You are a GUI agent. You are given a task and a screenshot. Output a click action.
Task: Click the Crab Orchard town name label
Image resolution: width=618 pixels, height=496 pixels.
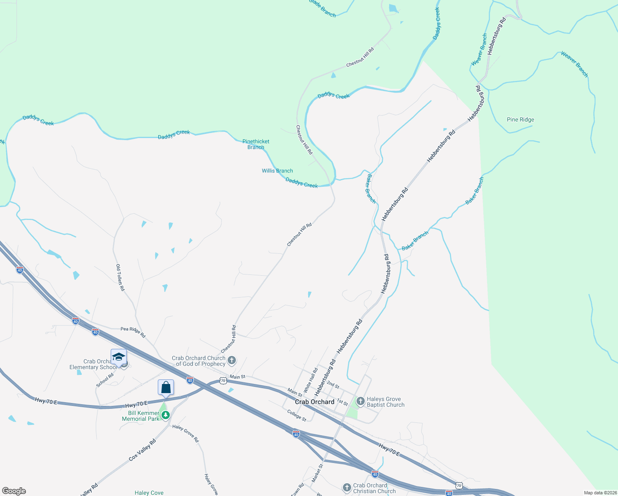[x=314, y=402]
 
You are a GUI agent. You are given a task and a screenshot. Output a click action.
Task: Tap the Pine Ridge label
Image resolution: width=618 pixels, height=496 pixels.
[x=520, y=120]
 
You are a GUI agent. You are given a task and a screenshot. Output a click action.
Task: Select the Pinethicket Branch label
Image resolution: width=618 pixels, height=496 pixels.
[x=256, y=144]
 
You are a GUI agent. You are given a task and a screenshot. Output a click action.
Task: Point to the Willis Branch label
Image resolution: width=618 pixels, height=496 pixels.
[x=277, y=171]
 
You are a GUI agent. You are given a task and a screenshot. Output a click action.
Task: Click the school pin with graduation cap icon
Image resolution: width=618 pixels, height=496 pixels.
[x=119, y=357]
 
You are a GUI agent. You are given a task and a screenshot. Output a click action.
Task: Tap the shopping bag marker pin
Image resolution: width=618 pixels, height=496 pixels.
[x=166, y=388]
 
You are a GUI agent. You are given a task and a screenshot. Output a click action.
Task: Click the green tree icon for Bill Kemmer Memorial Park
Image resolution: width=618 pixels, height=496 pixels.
[x=165, y=415]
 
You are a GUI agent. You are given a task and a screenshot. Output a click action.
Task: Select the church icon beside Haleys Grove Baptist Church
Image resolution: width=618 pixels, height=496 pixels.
[x=360, y=401]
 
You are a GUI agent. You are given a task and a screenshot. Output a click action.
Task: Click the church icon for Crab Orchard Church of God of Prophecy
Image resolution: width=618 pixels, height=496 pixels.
[x=232, y=360]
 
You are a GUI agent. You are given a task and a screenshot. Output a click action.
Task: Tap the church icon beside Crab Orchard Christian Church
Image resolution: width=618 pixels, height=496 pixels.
[x=347, y=488]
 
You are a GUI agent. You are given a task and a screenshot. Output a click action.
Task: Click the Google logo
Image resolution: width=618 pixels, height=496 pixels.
[x=14, y=491]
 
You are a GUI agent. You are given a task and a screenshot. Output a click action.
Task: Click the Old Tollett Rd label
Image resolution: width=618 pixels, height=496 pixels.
[x=120, y=278]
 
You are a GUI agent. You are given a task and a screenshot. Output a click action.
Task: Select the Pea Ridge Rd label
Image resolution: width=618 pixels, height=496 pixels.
[x=133, y=332]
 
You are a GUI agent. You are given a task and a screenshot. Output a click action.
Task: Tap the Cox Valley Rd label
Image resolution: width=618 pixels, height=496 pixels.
[x=142, y=450]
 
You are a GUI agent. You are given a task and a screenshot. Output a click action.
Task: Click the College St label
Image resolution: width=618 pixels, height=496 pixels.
[x=297, y=415]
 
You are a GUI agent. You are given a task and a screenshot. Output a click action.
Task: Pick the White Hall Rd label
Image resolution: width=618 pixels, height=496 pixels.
[x=311, y=380]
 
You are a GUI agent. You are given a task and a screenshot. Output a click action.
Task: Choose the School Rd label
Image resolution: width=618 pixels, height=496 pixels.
[x=105, y=380]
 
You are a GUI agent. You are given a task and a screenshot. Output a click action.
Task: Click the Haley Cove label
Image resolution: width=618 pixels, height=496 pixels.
[x=149, y=493]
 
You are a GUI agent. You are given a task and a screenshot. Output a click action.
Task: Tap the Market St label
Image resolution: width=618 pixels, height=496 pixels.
[x=317, y=474]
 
